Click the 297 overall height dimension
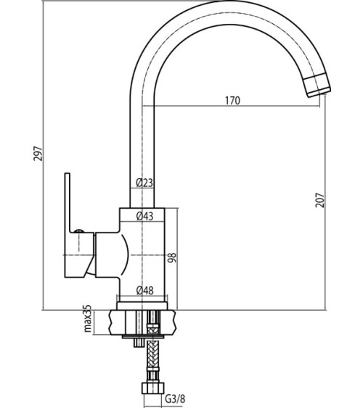click(38, 154)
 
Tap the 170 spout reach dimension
click(233, 101)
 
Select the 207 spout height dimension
click(320, 200)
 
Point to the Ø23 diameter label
click(144, 183)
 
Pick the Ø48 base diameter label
click(145, 291)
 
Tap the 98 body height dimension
click(172, 257)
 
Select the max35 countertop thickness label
click(88, 318)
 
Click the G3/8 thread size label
click(176, 399)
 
